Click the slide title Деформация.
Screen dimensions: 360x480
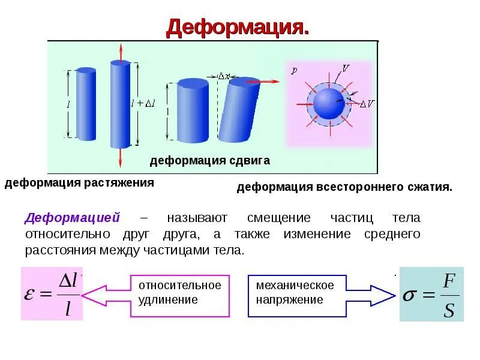click(x=238, y=28)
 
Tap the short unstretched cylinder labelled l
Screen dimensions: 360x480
click(x=86, y=104)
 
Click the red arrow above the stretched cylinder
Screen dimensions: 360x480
click(x=120, y=52)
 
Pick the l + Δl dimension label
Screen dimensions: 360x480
click(x=143, y=103)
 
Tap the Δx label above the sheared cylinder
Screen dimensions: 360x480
click(x=223, y=76)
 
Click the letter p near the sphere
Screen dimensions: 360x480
click(x=294, y=70)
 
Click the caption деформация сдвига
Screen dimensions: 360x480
click(x=209, y=161)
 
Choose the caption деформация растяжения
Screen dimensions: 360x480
click(x=80, y=182)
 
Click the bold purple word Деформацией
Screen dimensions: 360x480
click(x=73, y=217)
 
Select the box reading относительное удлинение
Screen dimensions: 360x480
click(x=180, y=292)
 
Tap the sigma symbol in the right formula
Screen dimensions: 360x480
click(x=410, y=295)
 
